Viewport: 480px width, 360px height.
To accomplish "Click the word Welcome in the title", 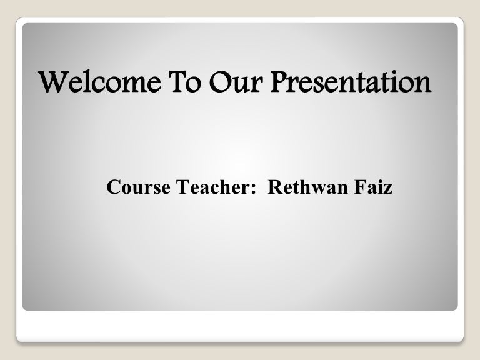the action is (x=100, y=82).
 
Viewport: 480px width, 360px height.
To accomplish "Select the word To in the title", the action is (x=184, y=82).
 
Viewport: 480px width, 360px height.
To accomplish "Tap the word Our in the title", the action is (x=236, y=82).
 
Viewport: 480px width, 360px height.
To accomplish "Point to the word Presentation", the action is (x=351, y=82).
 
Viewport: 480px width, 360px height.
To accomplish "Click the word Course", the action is (x=138, y=187).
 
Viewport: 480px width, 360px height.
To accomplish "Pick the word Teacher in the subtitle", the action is (x=213, y=187).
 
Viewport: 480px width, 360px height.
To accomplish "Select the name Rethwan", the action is (x=308, y=187).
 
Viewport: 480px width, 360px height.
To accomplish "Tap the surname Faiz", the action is (x=373, y=187).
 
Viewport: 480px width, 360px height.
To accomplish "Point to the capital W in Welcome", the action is (x=53, y=82).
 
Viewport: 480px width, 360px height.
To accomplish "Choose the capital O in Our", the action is (x=221, y=82).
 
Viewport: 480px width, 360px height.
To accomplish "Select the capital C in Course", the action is (x=113, y=187).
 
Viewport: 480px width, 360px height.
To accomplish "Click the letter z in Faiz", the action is (x=388, y=189).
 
